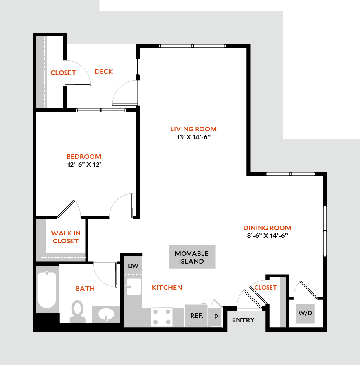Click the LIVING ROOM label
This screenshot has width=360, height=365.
(193, 129)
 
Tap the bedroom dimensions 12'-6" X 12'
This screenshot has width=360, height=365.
(83, 165)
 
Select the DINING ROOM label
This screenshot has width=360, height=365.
(267, 228)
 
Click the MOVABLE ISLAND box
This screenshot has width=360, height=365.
(192, 257)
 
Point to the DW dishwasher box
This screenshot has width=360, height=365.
(133, 266)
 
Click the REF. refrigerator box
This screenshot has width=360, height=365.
(197, 315)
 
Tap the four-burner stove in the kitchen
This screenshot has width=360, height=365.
(162, 317)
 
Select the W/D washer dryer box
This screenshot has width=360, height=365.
(305, 313)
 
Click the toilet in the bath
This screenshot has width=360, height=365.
(77, 311)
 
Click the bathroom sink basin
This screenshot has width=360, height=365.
(107, 314)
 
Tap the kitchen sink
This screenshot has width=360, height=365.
(133, 286)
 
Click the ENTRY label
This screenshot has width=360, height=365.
(243, 320)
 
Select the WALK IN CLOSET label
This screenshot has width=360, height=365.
(66, 237)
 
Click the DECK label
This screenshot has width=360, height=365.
(104, 72)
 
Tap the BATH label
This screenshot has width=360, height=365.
(85, 289)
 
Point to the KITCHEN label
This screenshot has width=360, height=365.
(167, 288)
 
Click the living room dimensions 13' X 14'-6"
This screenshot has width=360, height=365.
(193, 137)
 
